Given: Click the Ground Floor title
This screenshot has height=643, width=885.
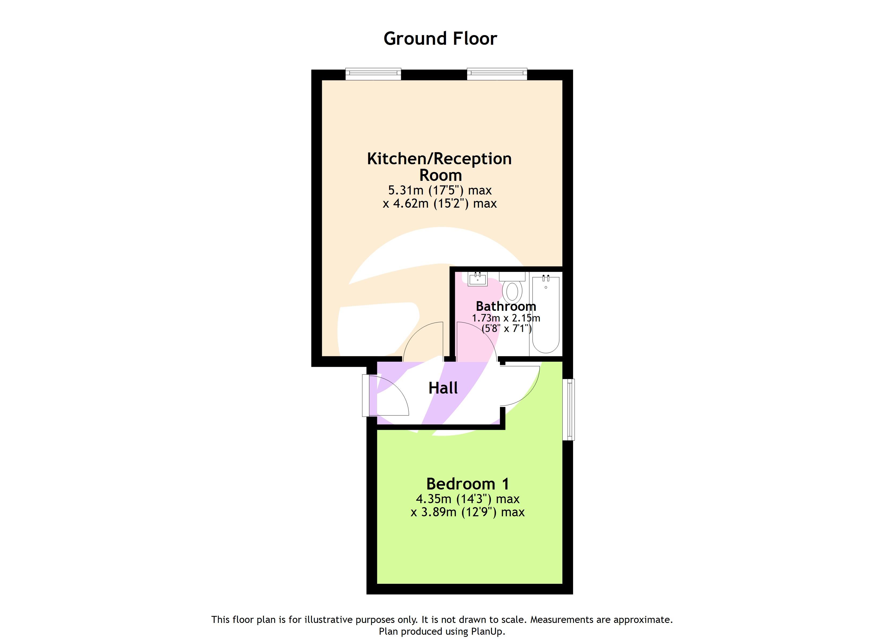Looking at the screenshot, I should coord(440,39).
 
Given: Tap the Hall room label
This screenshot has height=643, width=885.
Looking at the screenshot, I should coord(443,388).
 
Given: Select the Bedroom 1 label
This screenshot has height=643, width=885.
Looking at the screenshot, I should coord(467,484).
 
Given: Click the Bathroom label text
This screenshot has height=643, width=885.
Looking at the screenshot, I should coord(506,306).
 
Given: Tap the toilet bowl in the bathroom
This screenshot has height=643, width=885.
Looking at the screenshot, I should coord(512,291).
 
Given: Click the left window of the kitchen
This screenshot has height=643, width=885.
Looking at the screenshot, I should coord(373,74).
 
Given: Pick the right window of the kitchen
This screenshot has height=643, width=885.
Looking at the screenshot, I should coord(497,74).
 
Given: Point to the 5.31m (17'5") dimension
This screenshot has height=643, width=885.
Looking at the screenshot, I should coord(439,190).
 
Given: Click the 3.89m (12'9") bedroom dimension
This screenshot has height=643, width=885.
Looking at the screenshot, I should coord(467,512).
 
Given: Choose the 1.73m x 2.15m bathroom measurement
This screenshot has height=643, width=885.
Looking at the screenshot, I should coord(506,318).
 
